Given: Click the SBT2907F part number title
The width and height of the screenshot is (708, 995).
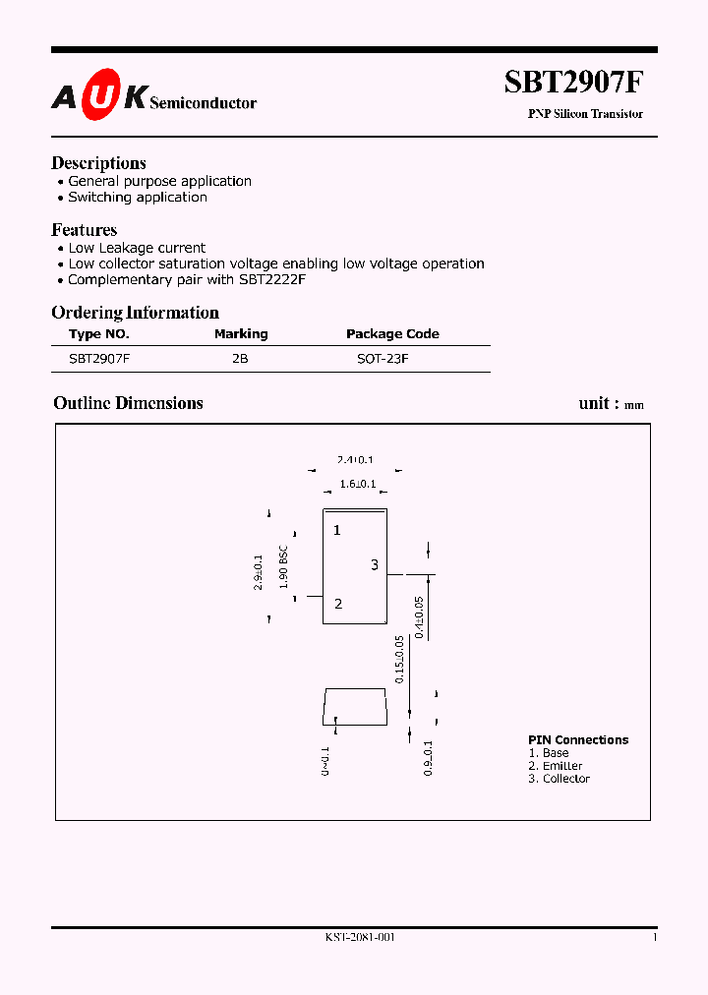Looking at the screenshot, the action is pyautogui.click(x=574, y=83).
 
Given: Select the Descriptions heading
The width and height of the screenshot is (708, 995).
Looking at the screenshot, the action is pyautogui.click(x=98, y=163).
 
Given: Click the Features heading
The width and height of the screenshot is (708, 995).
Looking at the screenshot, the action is pyautogui.click(x=84, y=229).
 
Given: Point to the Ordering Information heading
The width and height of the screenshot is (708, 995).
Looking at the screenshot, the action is pyautogui.click(x=135, y=313).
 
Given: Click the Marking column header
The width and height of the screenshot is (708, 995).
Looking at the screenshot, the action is pyautogui.click(x=241, y=334).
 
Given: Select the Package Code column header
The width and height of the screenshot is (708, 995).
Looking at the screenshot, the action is pyautogui.click(x=392, y=334).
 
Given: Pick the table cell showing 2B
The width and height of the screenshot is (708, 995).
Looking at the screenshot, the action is pyautogui.click(x=240, y=360).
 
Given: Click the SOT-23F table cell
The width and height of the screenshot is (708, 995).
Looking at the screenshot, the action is pyautogui.click(x=383, y=360).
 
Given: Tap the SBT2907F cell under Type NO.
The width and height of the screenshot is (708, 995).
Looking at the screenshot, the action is pyautogui.click(x=99, y=360).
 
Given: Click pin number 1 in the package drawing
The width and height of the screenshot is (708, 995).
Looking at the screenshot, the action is pyautogui.click(x=336, y=531).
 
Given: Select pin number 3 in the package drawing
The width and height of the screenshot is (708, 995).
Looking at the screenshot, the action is pyautogui.click(x=374, y=564).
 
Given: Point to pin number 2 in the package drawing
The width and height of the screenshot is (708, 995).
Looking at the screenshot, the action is pyautogui.click(x=338, y=604).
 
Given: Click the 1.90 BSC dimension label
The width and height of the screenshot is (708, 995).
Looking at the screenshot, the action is pyautogui.click(x=283, y=566).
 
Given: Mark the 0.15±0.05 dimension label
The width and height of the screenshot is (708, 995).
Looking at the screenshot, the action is pyautogui.click(x=400, y=660).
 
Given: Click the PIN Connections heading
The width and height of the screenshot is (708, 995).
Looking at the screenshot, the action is pyautogui.click(x=578, y=740).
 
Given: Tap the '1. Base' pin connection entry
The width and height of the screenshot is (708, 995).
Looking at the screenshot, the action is pyautogui.click(x=549, y=753).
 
